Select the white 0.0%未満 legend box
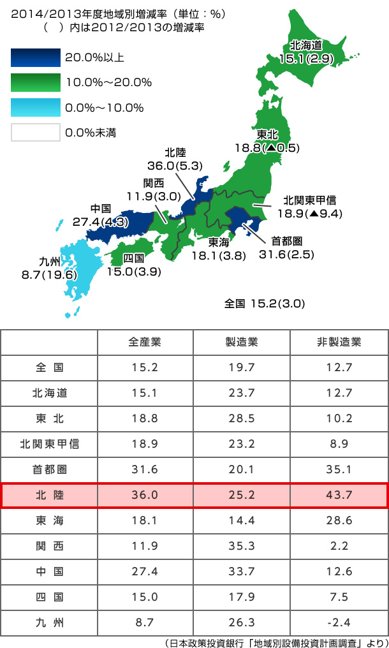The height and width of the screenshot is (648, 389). pyautogui.click(x=35, y=132)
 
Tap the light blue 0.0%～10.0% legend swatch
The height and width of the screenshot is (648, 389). pyautogui.click(x=35, y=107)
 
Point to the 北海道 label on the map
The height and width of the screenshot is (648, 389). pyautogui.click(x=306, y=45)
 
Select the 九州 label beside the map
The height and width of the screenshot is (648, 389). pyautogui.click(x=50, y=261)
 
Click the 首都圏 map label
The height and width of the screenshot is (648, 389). pyautogui.click(x=286, y=241)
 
